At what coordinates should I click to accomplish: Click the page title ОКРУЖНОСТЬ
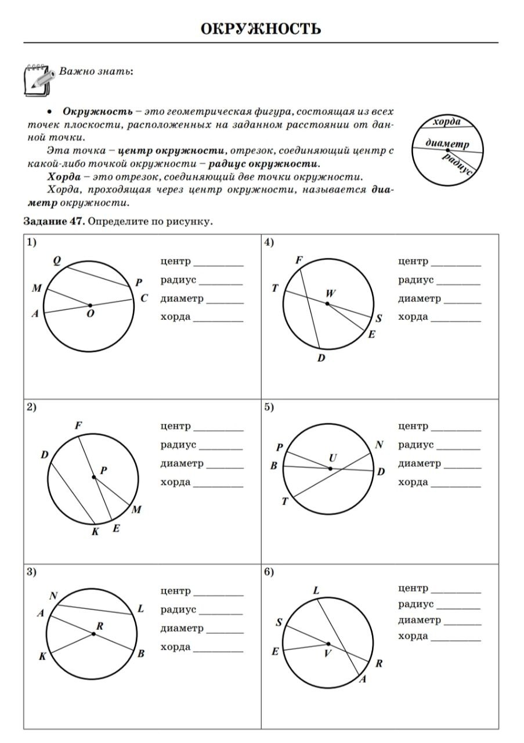pos(261,28)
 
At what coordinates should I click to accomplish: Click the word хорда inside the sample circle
pos(447,121)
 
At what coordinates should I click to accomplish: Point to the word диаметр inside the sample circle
pos(446,143)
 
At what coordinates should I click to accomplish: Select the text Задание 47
pos(54,221)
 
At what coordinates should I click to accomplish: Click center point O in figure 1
pos(91,305)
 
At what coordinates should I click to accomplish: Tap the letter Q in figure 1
pos(57,261)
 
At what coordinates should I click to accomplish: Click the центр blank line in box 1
pos(219,264)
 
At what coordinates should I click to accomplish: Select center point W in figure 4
pos(327,304)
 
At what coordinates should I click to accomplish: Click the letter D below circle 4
pos(321,358)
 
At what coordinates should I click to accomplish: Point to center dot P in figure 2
pos(94,477)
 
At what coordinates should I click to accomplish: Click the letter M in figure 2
pos(137,510)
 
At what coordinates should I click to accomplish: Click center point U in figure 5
pos(330,468)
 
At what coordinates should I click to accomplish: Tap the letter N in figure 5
pos(380,445)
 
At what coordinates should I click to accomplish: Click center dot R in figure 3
pos(93,634)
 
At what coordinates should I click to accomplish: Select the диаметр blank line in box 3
pos(225,632)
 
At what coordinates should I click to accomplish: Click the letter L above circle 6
pos(316,590)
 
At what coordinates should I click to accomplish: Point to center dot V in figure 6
pos(328,644)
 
